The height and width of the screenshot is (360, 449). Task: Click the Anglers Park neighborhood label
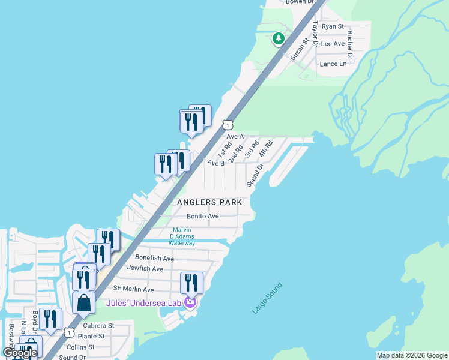pyautogui.click(x=209, y=202)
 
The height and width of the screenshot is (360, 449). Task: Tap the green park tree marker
pyautogui.click(x=278, y=39)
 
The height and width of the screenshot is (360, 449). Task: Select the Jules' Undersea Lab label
pyautogui.click(x=143, y=303)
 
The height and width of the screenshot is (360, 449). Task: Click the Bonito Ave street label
pyautogui.click(x=202, y=216)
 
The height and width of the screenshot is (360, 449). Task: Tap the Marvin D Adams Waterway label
pyautogui.click(x=182, y=236)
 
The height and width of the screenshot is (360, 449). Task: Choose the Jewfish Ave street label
pyautogui.click(x=145, y=269)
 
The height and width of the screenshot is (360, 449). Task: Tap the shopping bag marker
pyautogui.click(x=83, y=302)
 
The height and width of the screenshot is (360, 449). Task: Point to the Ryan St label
pyautogui.click(x=333, y=26)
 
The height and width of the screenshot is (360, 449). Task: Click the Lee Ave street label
pyautogui.click(x=333, y=44)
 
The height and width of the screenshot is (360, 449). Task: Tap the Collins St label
pyautogui.click(x=80, y=347)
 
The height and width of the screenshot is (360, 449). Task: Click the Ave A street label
pyautogui.click(x=235, y=136)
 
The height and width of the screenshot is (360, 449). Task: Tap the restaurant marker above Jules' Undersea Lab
pyautogui.click(x=191, y=282)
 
